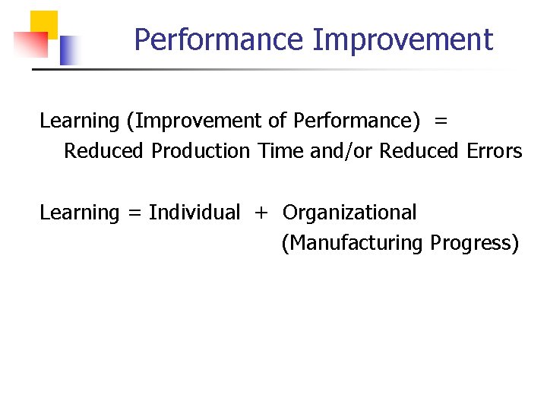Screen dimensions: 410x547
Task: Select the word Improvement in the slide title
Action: (403, 39)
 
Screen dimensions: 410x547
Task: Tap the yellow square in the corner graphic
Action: (44, 24)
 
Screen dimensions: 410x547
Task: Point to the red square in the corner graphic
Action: (30, 45)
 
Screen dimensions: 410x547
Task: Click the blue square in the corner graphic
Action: (69, 50)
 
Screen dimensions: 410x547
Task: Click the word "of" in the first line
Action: (277, 121)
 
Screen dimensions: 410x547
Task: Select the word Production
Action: (201, 151)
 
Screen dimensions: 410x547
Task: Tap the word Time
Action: (280, 151)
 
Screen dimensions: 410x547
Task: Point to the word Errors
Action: (494, 151)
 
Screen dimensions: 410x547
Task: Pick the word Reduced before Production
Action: (103, 151)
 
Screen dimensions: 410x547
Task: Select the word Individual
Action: (194, 213)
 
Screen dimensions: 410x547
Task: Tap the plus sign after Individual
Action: (261, 213)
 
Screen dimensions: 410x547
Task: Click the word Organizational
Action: (349, 213)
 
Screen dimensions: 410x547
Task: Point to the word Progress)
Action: (475, 243)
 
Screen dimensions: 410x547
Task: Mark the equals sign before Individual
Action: (134, 213)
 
